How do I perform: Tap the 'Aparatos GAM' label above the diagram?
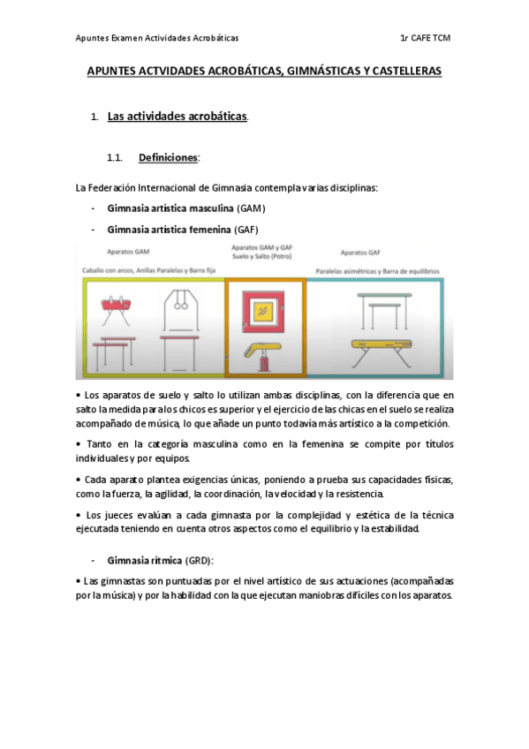click(128, 251)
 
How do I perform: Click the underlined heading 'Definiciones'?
click(168, 158)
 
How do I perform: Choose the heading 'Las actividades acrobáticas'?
click(177, 117)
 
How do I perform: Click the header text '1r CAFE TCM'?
click(425, 38)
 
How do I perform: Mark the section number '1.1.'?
click(113, 158)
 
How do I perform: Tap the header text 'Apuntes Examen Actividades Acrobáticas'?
click(157, 38)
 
